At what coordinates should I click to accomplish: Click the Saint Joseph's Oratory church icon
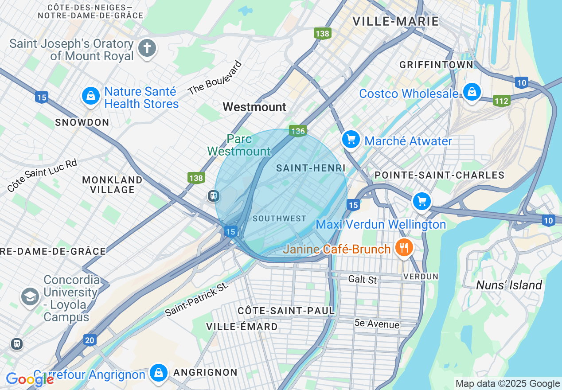point(147,48)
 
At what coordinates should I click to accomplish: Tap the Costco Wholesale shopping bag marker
point(472,92)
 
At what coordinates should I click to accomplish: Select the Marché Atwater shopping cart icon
point(351,140)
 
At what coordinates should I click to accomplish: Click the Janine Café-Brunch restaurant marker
point(403,247)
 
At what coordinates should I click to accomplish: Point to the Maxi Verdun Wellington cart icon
point(421,202)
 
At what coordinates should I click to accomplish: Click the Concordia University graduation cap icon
point(30,296)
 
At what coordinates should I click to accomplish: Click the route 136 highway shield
point(298,131)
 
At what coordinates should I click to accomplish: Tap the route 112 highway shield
point(501,101)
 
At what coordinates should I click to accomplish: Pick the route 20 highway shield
point(90,340)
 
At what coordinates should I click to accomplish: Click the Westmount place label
point(254,107)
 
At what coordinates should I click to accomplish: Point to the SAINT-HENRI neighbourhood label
point(310,168)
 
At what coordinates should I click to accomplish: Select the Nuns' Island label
point(509,285)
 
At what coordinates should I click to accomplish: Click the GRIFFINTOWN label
point(436,65)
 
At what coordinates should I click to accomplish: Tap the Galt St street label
point(363,279)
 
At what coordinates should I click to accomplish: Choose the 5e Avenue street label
point(377,324)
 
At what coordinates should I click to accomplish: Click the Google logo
point(30,379)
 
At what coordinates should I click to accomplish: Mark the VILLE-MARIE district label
point(395,21)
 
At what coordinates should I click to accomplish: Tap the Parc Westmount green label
point(239,145)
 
